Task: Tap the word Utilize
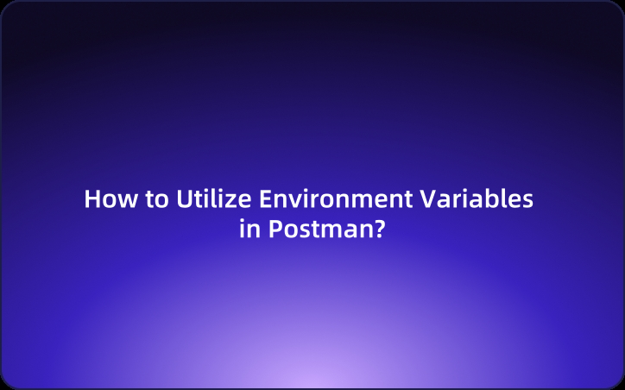pyautogui.click(x=204, y=199)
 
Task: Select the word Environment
pyautogui.click(x=327, y=199)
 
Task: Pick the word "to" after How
pyautogui.click(x=157, y=200)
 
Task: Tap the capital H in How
pyautogui.click(x=92, y=199)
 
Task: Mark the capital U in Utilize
pyautogui.click(x=183, y=199)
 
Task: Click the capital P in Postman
pyautogui.click(x=272, y=230)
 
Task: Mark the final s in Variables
pyautogui.click(x=527, y=202)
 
